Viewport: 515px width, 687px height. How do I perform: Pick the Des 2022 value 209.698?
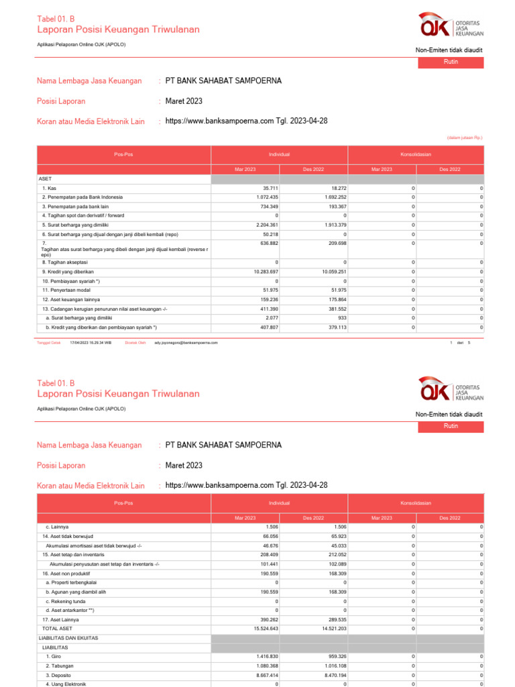[x=336, y=244]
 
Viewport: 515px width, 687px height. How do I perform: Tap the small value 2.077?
[x=272, y=318]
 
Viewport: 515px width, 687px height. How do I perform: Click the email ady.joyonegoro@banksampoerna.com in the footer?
[x=186, y=342]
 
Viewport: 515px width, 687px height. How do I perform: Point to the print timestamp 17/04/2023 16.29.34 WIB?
[x=91, y=342]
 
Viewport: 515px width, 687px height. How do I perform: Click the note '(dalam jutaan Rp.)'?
[x=465, y=138]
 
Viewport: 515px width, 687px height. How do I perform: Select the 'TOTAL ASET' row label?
[x=57, y=629]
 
